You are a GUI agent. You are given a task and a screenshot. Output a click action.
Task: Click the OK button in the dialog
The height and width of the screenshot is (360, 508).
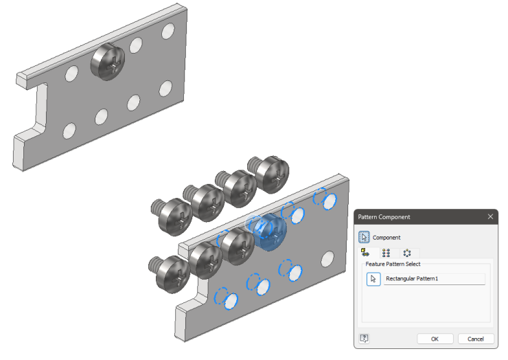(435, 339)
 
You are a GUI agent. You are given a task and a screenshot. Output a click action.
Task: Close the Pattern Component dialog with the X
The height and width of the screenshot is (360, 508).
(490, 216)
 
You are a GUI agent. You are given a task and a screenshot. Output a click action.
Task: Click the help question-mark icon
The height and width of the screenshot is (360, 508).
(365, 339)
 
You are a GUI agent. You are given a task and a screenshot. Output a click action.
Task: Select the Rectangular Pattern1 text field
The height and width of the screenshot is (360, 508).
(434, 279)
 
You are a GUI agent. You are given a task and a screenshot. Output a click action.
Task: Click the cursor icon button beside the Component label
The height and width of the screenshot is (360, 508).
(365, 238)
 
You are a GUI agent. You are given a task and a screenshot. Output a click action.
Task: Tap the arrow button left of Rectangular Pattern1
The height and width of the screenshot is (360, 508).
(373, 279)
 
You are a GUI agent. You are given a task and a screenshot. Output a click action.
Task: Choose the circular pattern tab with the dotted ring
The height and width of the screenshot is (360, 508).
(406, 253)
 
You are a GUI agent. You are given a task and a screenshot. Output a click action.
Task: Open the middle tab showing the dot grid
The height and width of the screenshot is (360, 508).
(386, 253)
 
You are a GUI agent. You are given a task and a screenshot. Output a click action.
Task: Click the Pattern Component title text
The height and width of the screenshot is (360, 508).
(384, 216)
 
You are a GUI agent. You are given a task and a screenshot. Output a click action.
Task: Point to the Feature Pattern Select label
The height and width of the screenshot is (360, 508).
(393, 264)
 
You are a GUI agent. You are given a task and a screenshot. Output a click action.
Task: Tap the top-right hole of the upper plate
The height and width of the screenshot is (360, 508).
(168, 32)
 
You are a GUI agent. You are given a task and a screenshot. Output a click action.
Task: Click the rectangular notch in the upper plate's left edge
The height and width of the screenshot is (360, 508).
(34, 110)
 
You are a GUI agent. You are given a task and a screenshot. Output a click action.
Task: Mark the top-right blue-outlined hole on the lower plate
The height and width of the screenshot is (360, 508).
(328, 200)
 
